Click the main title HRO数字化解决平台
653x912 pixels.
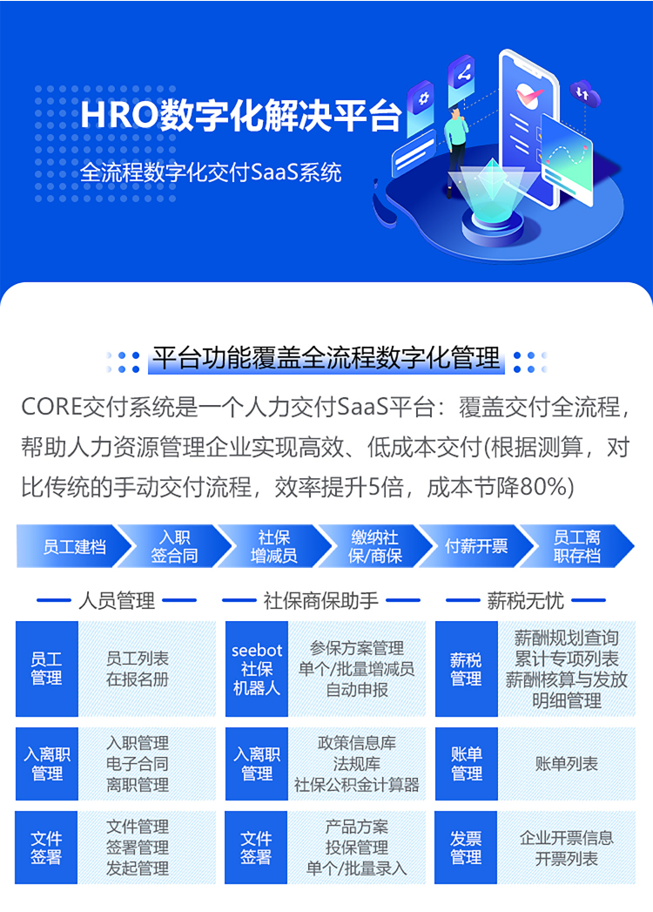coord(240,116)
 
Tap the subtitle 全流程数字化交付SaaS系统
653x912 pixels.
coord(211,172)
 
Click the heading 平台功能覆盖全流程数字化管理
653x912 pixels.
coord(326,358)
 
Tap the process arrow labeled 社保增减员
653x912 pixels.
coord(274,546)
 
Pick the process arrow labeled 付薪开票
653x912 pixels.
coord(476,546)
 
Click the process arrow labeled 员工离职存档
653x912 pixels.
coord(576,546)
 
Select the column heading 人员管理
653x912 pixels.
coord(117,600)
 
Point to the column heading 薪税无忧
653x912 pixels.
coord(526,600)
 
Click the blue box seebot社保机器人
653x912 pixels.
coord(257,669)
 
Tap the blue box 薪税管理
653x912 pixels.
coord(467,669)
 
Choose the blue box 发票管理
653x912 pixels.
coord(466,848)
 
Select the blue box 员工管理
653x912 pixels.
coord(46,669)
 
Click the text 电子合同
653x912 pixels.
coord(138,764)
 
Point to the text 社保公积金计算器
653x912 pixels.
coord(356,785)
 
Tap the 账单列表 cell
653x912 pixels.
coord(566,764)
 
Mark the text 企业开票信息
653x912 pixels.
coord(566,838)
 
